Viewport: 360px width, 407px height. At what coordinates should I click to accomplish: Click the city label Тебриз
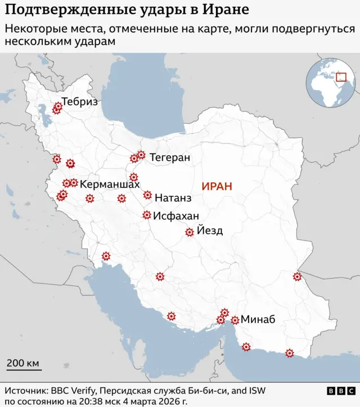click(80, 102)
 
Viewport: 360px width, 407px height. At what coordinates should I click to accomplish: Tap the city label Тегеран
click(170, 158)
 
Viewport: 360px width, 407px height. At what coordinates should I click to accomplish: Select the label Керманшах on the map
click(110, 184)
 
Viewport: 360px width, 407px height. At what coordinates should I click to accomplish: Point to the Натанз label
click(173, 198)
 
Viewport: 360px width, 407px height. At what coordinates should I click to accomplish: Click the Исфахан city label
click(176, 216)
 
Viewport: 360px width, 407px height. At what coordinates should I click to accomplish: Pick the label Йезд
click(210, 230)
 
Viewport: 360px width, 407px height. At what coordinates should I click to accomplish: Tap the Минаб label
click(258, 319)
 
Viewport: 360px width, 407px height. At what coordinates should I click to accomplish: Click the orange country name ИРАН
click(217, 186)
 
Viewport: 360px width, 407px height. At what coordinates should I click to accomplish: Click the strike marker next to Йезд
click(190, 232)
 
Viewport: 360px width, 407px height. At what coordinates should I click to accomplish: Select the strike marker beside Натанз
click(147, 195)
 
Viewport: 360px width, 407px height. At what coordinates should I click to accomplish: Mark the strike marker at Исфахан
click(147, 214)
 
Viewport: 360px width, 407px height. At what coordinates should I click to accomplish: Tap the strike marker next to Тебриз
click(57, 108)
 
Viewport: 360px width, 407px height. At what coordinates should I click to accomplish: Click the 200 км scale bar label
click(23, 363)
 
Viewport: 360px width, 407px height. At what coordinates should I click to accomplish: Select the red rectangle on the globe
click(341, 77)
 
